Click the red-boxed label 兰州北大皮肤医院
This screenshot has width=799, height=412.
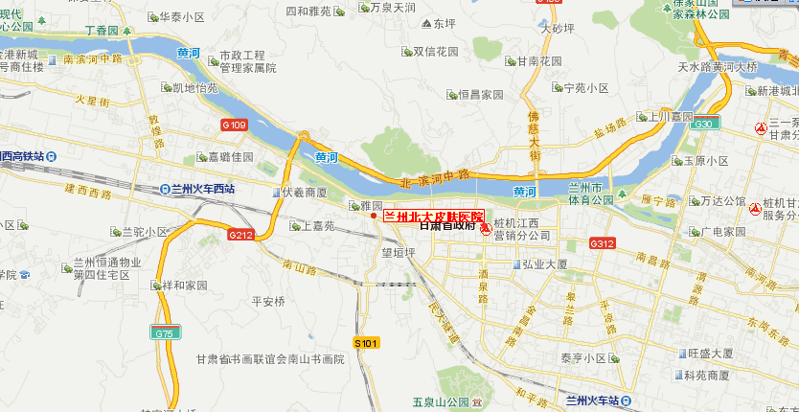434,217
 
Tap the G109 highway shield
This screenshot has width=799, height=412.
234,125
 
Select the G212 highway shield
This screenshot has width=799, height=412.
240,235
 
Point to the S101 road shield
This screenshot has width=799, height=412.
367,342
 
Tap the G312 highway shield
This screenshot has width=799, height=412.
602,244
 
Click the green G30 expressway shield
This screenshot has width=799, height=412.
705,124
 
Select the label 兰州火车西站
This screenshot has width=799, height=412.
203,189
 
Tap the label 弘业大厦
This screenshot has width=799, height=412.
547,263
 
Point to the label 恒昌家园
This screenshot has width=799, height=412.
480,95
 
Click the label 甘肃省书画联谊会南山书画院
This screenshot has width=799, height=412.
269,359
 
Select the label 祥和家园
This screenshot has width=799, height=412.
184,286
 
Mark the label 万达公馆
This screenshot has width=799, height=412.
722,201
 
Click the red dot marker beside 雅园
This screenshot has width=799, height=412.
375,216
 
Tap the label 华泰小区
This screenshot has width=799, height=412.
181,17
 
